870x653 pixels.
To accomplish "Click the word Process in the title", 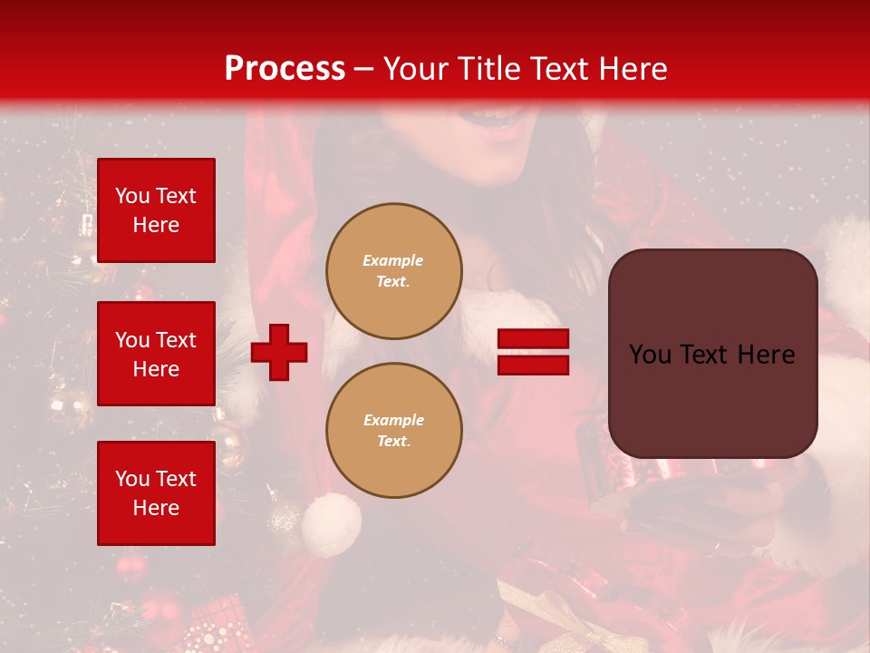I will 285,69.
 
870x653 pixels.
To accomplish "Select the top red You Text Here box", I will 156,210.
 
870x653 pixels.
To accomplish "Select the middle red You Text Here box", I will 156,354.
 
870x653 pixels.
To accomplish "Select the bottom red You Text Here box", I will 156,493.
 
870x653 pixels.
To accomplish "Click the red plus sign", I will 279,352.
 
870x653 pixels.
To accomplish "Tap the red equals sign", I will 533,352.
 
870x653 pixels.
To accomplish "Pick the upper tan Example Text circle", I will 393,271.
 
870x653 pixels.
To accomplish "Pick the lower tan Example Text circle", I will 393,431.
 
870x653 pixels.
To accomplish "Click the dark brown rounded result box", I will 712,354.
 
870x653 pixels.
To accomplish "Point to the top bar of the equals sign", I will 533,339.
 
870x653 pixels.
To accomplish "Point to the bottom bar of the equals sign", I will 533,365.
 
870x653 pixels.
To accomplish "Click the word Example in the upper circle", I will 393,260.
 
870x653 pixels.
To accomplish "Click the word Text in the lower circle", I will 393,442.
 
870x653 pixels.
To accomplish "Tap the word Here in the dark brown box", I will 765,355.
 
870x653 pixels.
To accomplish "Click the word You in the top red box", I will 132,196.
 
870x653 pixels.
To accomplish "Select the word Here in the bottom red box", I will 156,508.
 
